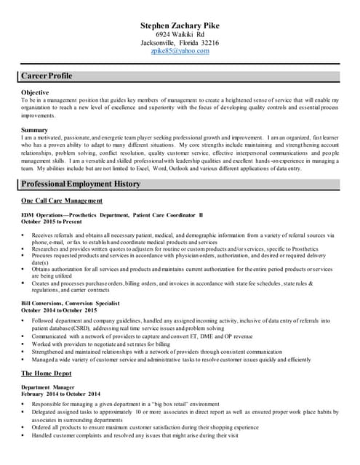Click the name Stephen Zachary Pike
[180, 26]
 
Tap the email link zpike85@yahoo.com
[180, 52]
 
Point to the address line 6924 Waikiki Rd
[180, 35]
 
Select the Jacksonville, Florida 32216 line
[180, 43]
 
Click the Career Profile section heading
[47, 76]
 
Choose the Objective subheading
[36, 92]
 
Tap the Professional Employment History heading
[81, 184]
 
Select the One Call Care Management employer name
[62, 201]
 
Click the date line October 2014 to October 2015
[59, 310]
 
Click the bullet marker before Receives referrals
[24, 235]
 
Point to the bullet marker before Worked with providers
[24, 343]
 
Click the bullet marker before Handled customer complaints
[24, 435]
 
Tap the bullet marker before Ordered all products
[24, 427]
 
